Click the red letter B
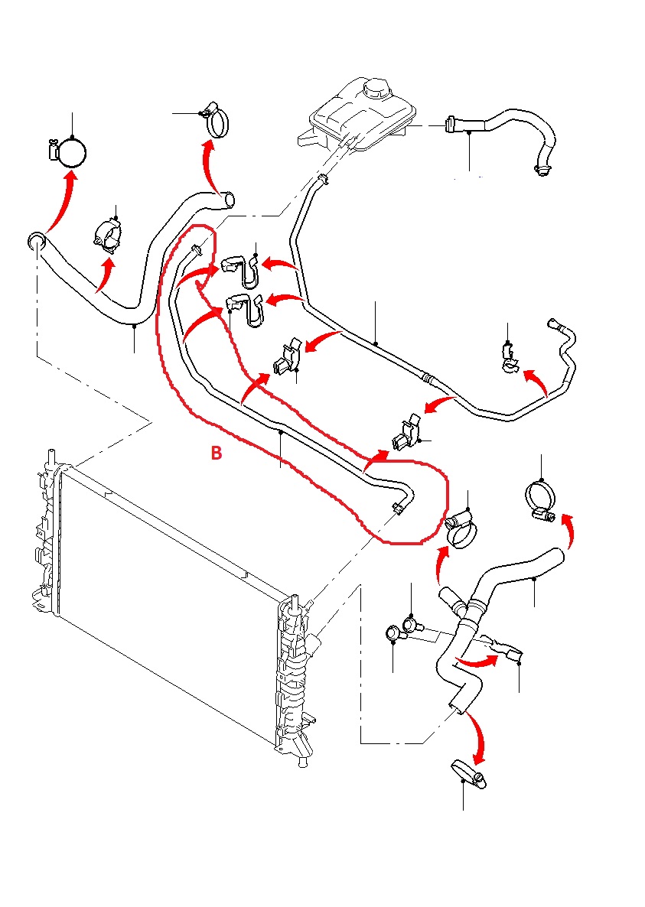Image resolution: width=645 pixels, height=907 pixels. pyautogui.click(x=217, y=453)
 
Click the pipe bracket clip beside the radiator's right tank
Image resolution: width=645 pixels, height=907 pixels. pyautogui.click(x=406, y=434)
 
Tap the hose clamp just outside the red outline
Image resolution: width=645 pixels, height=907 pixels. pyautogui.click(x=461, y=528)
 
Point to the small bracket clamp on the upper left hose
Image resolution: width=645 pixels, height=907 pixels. pyautogui.click(x=109, y=236)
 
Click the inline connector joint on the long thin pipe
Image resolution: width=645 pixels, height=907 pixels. pyautogui.click(x=428, y=377)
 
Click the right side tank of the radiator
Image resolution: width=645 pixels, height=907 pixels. pyautogui.click(x=295, y=673)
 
